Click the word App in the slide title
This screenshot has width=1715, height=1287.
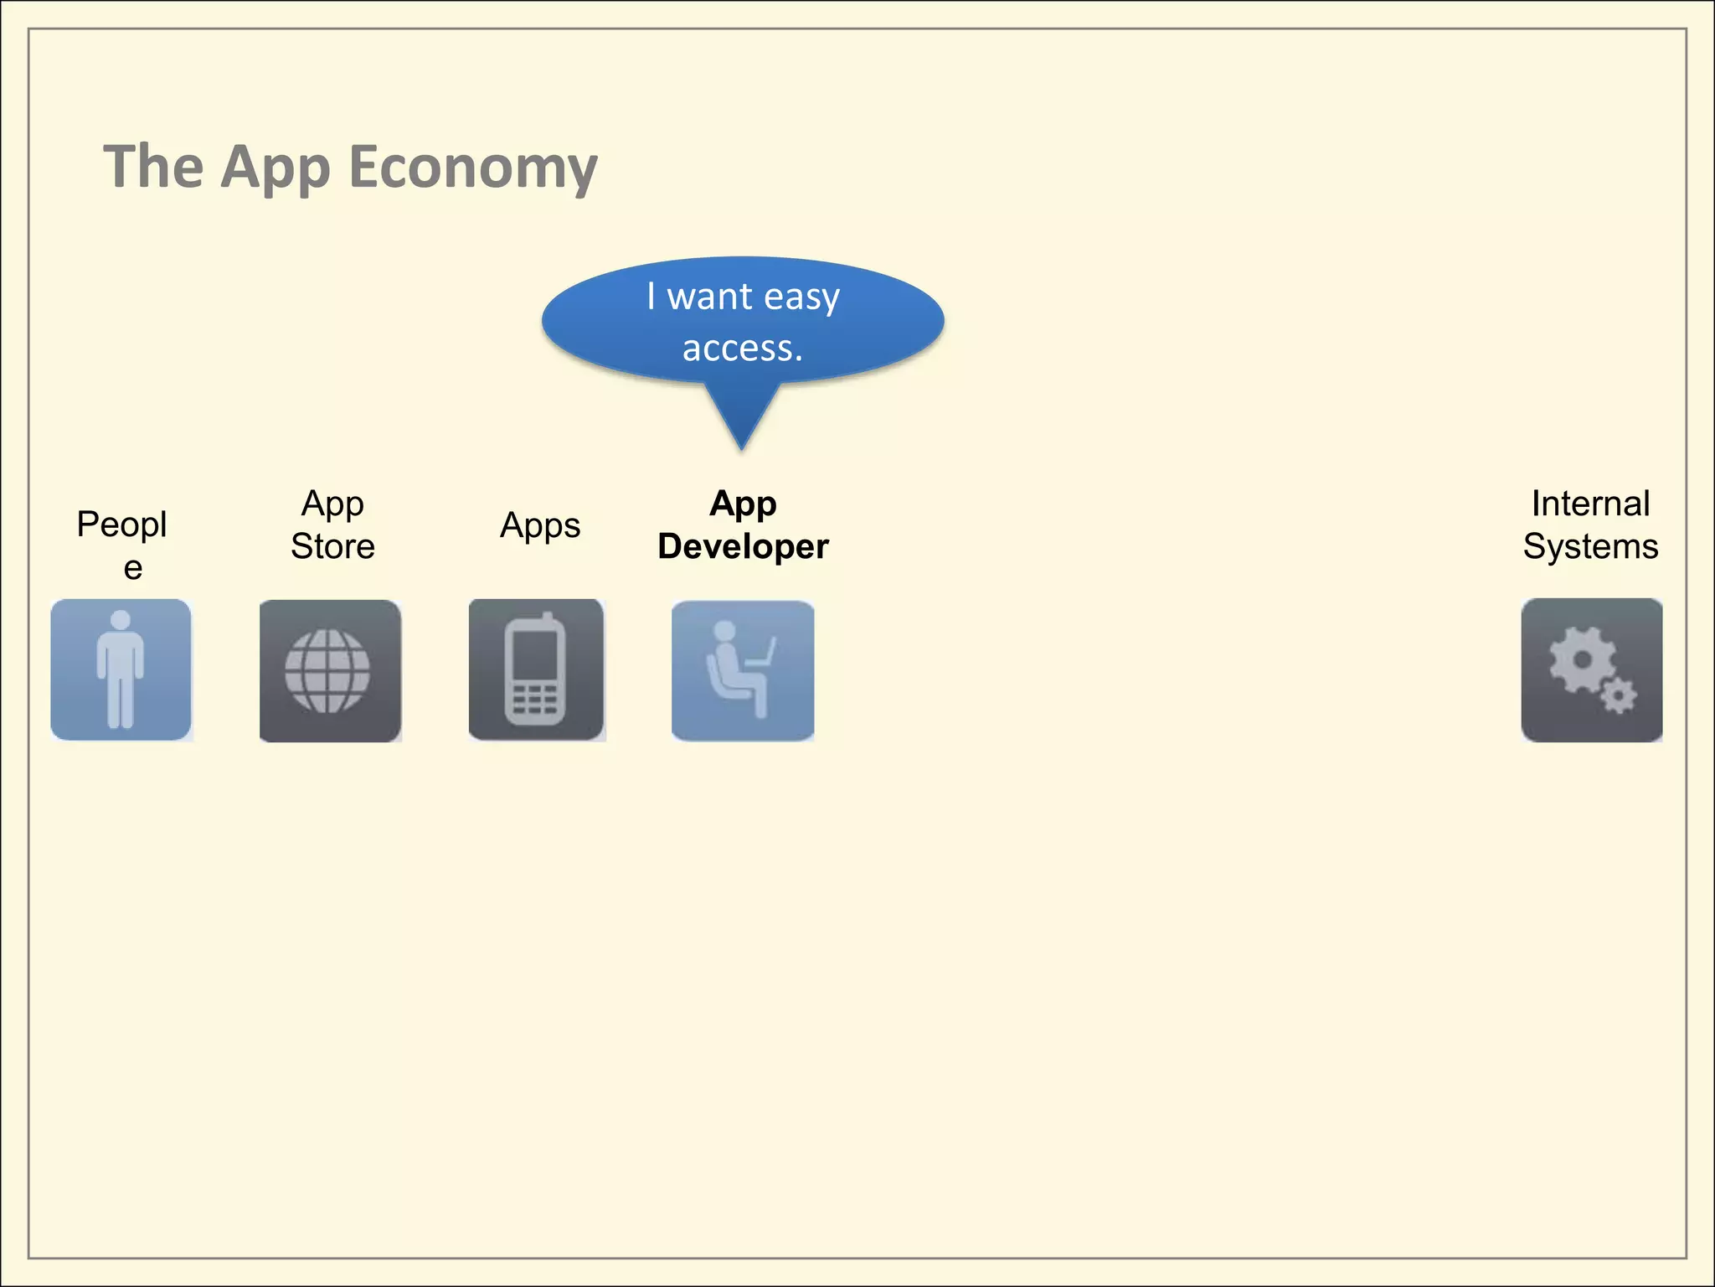pyautogui.click(x=276, y=168)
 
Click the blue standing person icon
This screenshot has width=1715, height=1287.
pyautogui.click(x=121, y=669)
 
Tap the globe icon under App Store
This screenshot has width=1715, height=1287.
pyautogui.click(x=327, y=670)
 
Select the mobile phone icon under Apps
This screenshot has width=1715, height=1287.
pyautogui.click(x=536, y=670)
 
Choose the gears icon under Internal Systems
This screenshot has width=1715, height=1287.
pyautogui.click(x=1591, y=670)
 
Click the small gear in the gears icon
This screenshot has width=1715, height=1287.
pyautogui.click(x=1619, y=695)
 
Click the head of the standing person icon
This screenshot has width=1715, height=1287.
pyautogui.click(x=121, y=620)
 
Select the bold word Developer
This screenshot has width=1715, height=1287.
pyautogui.click(x=743, y=546)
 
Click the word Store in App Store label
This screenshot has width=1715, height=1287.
pyautogui.click(x=332, y=546)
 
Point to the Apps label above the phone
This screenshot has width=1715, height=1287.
pyautogui.click(x=540, y=525)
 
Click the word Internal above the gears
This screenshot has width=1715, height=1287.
pyautogui.click(x=1590, y=504)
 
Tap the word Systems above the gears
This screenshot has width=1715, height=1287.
pyautogui.click(x=1590, y=546)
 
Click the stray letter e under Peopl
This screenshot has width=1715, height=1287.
pyautogui.click(x=132, y=568)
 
